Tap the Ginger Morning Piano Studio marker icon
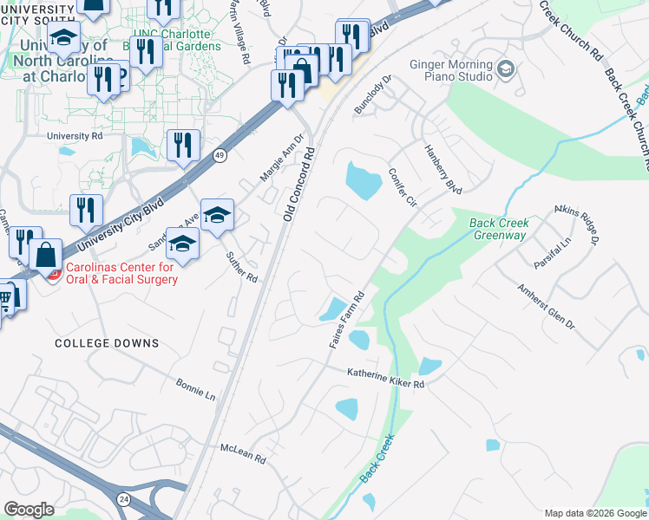click(506, 69)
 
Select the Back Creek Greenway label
click(498, 229)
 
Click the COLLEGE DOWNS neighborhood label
click(107, 343)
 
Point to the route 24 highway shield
click(123, 499)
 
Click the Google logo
click(29, 510)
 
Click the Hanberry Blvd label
click(442, 167)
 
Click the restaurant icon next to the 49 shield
click(182, 144)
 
